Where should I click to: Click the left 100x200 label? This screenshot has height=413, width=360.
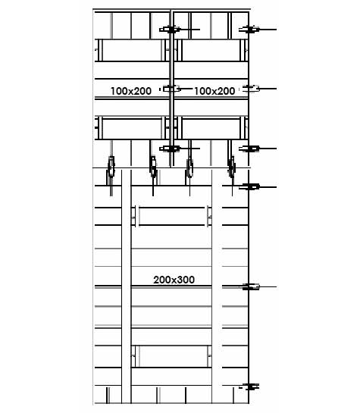pyautogui.click(x=131, y=91)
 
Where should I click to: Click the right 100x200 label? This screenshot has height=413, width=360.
pyautogui.click(x=214, y=91)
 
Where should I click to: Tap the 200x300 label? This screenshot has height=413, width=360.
pyautogui.click(x=174, y=280)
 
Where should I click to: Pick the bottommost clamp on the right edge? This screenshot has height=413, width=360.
pyautogui.click(x=249, y=387)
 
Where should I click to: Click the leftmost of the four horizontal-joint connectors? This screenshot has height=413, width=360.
pyautogui.click(x=111, y=167)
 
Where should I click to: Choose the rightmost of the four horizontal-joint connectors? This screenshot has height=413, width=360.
pyautogui.click(x=231, y=167)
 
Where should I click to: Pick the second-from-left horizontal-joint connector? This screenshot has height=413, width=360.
pyautogui.click(x=153, y=167)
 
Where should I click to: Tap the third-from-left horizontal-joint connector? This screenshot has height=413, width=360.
pyautogui.click(x=189, y=167)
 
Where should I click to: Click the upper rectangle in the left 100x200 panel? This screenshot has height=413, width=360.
pyautogui.click(x=132, y=50)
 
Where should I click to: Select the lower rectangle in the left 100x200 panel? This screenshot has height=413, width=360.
pyautogui.click(x=132, y=128)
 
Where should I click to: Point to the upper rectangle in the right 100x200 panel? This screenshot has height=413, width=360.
pyautogui.click(x=211, y=50)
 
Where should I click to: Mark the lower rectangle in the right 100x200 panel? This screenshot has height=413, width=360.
pyautogui.click(x=211, y=128)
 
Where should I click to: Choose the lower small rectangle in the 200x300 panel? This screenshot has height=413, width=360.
pyautogui.click(x=173, y=356)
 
